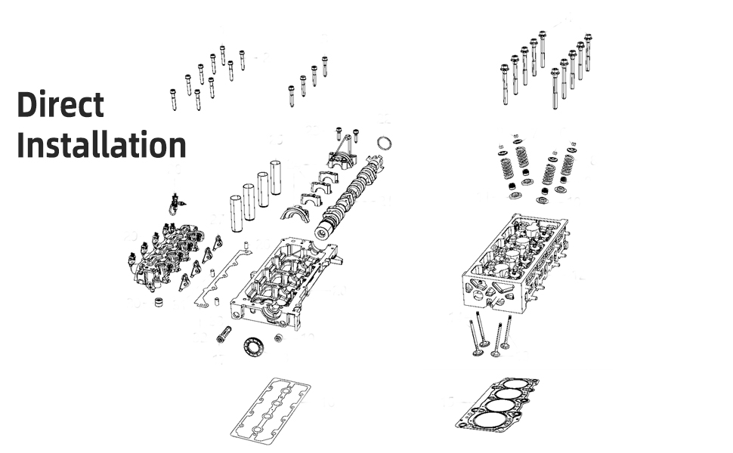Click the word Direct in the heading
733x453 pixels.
pos(60,104)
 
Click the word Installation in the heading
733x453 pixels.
pos(101,144)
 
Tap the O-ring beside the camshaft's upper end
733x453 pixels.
pos(384,143)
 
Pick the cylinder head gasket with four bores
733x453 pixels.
pos(497,405)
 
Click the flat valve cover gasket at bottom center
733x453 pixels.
pos(271,411)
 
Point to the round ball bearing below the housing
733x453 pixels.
pos(254,347)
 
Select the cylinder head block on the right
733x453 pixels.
pos(515,263)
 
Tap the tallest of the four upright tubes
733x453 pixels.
pos(275,177)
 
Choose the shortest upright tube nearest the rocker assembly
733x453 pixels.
pos(236,214)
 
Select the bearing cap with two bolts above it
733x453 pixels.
pos(342,160)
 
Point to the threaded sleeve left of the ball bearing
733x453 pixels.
pos(225,334)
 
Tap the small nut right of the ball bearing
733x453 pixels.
pos(279,337)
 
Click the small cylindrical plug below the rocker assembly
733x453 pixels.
pos(160,302)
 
